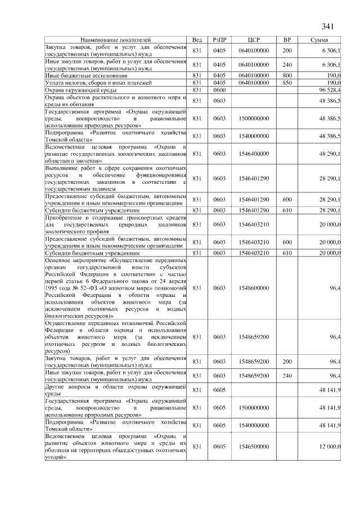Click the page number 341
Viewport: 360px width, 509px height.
click(x=328, y=27)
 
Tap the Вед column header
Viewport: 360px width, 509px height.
click(x=197, y=41)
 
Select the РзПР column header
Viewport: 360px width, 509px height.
click(x=219, y=41)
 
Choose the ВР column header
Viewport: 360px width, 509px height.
click(x=287, y=41)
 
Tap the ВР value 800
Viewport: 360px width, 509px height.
click(x=287, y=75)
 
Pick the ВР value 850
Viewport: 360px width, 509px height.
click(x=287, y=83)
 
